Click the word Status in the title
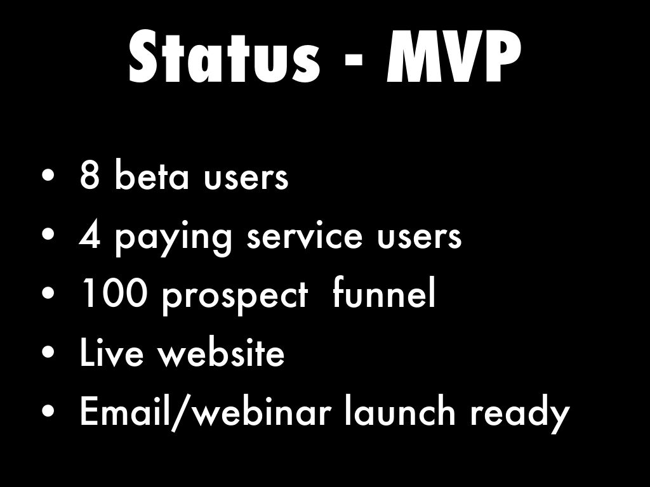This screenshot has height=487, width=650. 224,56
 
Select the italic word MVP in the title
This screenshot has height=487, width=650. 453,56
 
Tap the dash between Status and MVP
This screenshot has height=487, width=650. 354,61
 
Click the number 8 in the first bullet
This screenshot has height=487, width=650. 90,175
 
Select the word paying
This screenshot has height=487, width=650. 173,238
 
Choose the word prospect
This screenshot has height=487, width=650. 235,297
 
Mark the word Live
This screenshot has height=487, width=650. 112,351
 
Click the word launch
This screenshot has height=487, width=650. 400,410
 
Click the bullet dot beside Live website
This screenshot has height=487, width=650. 48,353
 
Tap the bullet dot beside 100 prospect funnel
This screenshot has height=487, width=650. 48,293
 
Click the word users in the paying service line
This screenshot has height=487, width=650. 420,237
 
